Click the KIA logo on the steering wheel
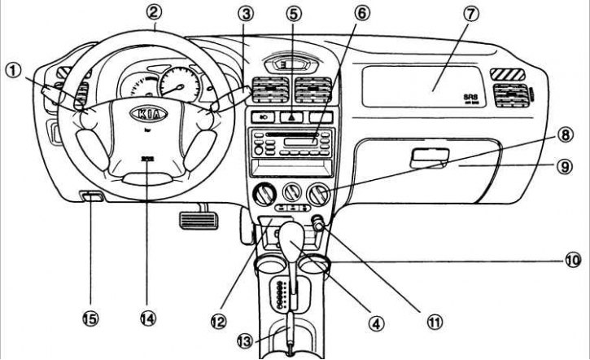pos(149,113)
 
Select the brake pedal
pos(194,218)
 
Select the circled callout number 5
pos(293,14)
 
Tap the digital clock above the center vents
pos(284,62)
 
